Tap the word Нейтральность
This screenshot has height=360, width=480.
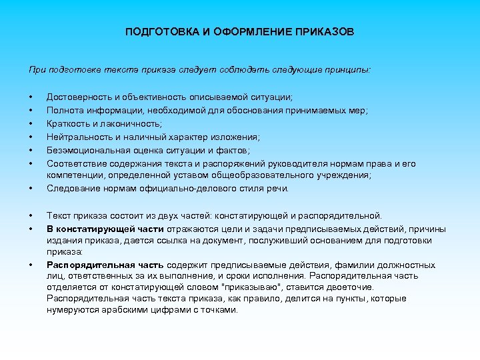click(77, 137)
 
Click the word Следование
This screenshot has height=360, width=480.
click(71, 188)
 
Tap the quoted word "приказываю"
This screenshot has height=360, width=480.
click(283, 287)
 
